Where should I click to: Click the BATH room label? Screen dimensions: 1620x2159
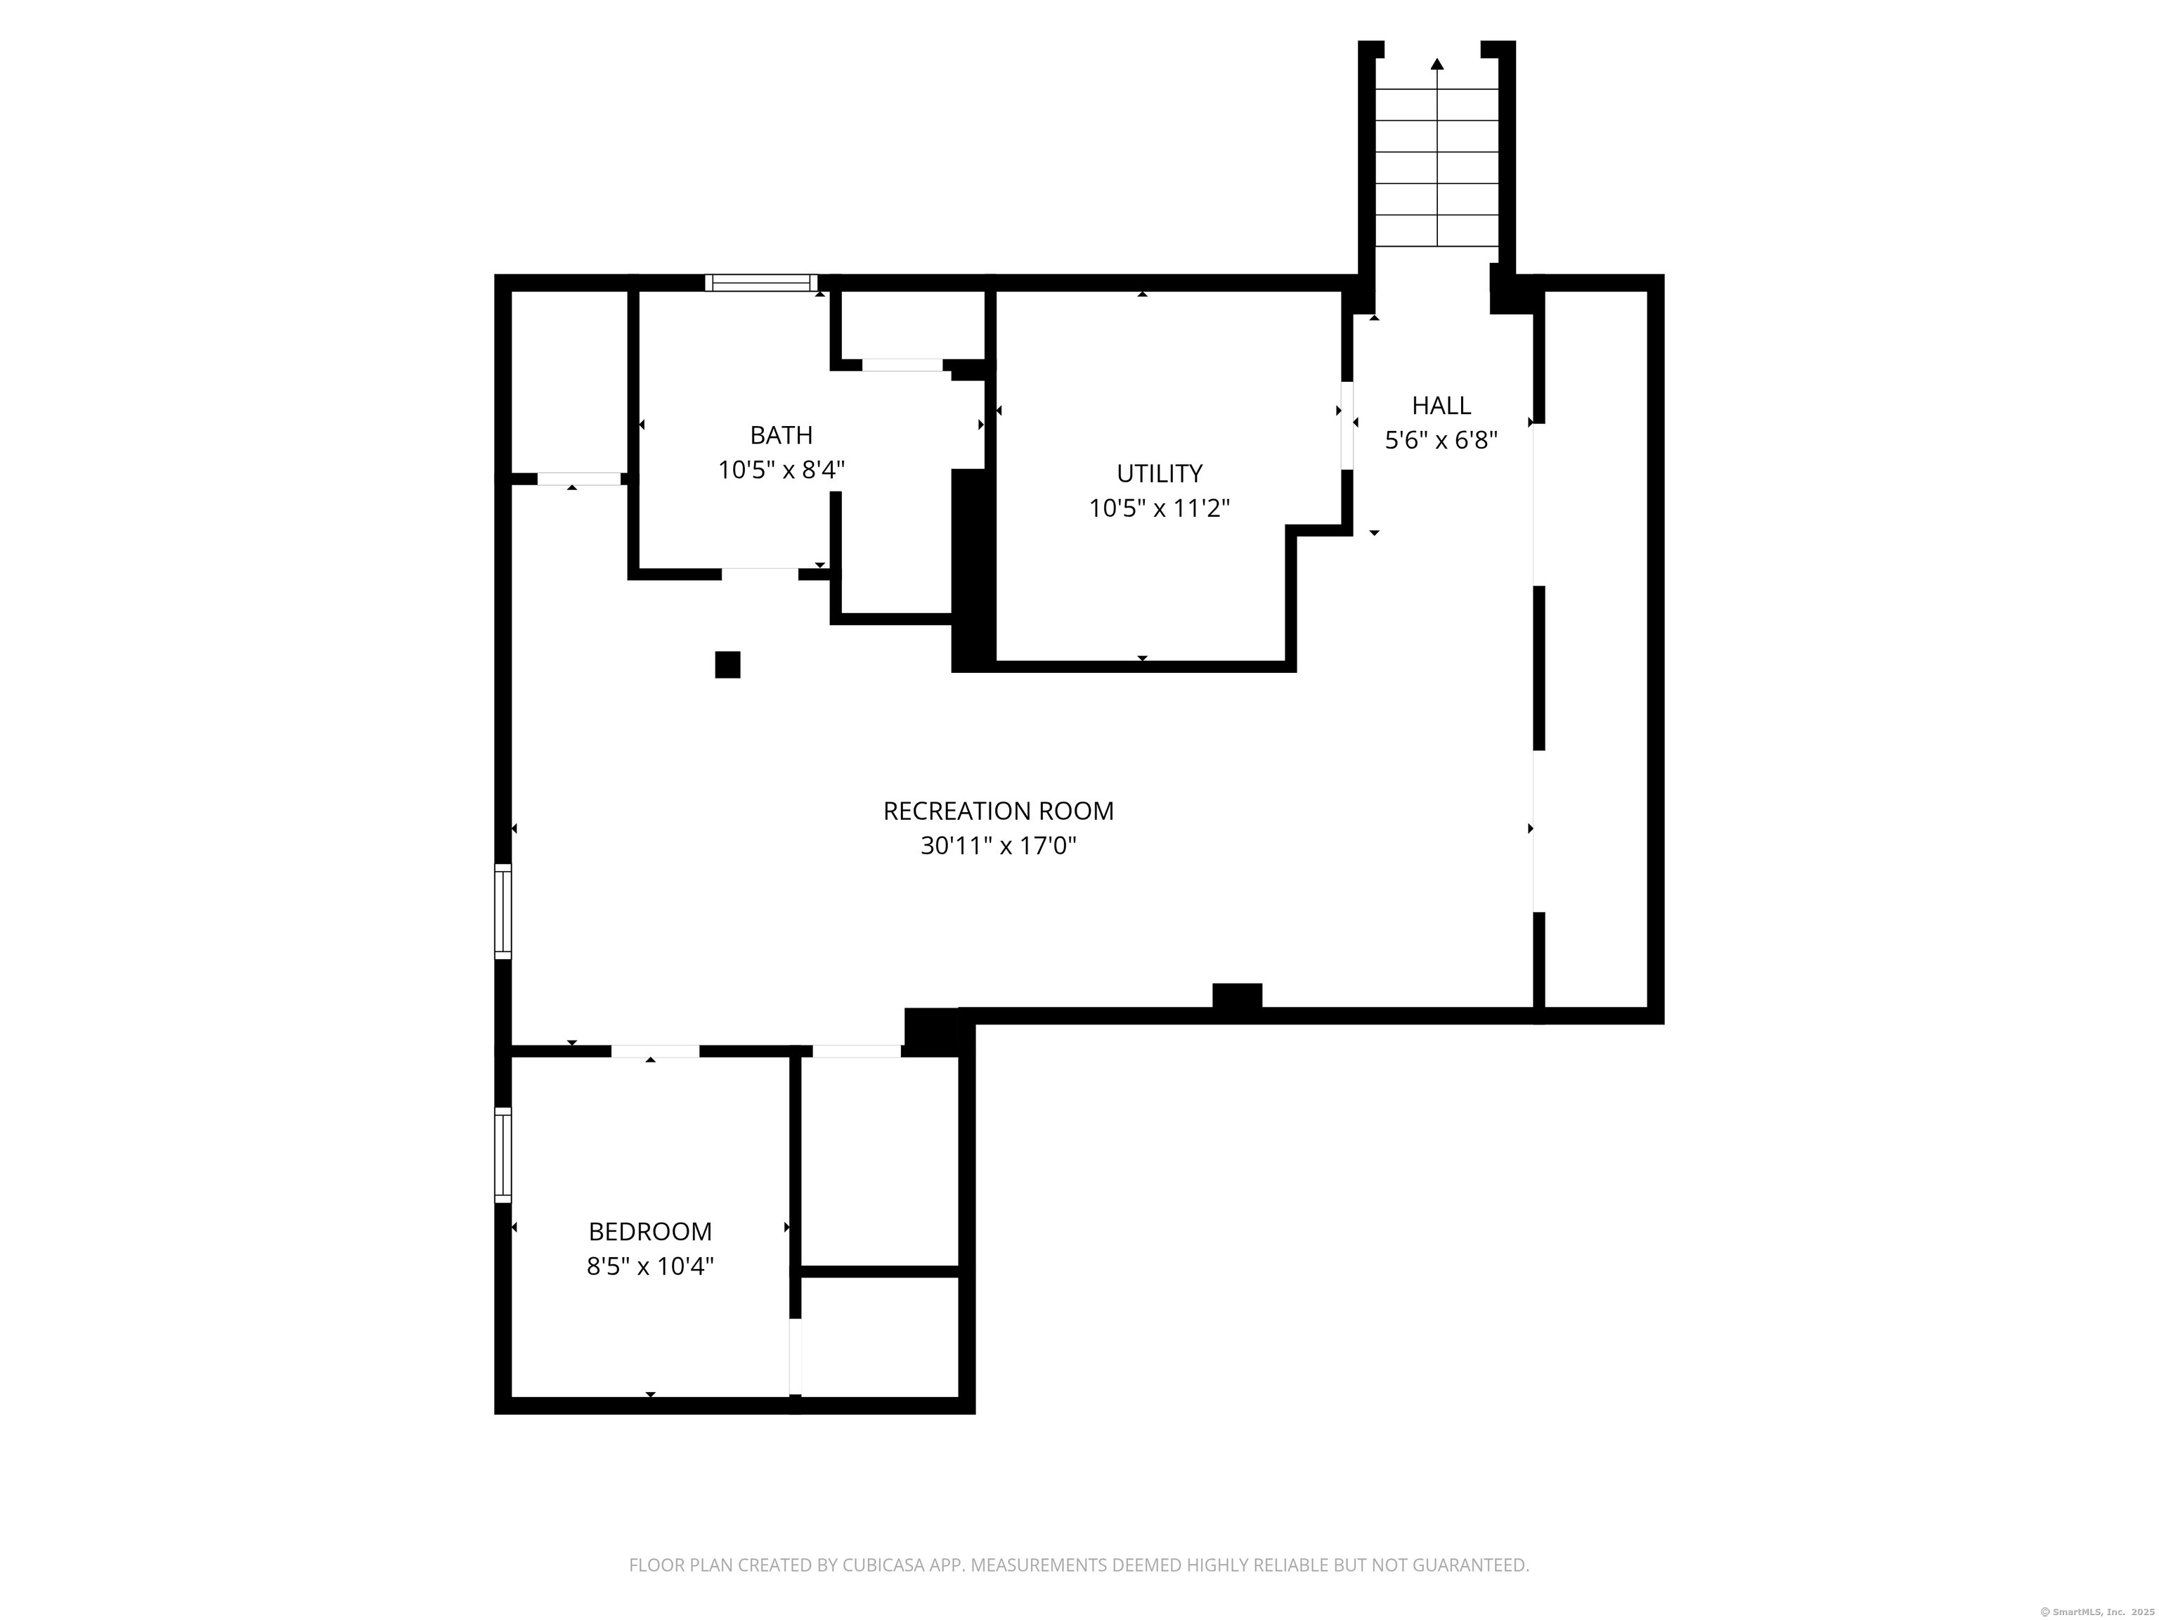pyautogui.click(x=781, y=435)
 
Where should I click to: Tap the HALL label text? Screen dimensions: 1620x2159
pyautogui.click(x=1441, y=405)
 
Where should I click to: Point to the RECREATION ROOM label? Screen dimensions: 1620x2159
pyautogui.click(x=997, y=811)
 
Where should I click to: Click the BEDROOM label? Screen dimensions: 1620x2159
pyautogui.click(x=650, y=1231)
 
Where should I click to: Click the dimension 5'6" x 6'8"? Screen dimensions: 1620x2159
pyautogui.click(x=1441, y=440)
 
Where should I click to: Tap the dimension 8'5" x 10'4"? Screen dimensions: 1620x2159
pyautogui.click(x=650, y=1266)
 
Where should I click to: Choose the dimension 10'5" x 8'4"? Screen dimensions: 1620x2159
pyautogui.click(x=781, y=470)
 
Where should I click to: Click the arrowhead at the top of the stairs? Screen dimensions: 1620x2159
pyautogui.click(x=1437, y=65)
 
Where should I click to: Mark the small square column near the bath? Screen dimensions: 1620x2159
pyautogui.click(x=727, y=664)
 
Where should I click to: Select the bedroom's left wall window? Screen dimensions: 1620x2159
pyautogui.click(x=503, y=1155)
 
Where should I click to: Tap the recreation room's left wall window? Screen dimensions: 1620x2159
pyautogui.click(x=503, y=911)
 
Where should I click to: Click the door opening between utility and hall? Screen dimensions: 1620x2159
pyautogui.click(x=1347, y=425)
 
